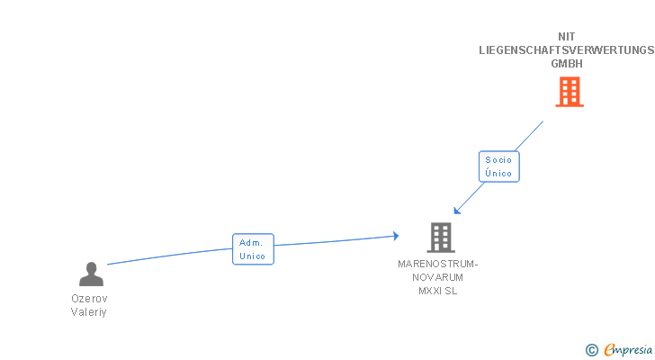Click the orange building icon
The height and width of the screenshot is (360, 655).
(x=569, y=92)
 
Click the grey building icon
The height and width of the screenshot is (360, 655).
(x=440, y=237)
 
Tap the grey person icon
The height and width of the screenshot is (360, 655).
(x=91, y=274)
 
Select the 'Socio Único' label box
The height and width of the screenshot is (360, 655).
(x=498, y=166)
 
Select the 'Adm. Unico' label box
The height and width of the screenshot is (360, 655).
(x=253, y=249)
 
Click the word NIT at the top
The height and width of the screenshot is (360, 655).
(x=567, y=37)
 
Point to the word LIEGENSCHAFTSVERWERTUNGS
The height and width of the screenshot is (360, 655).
(x=567, y=50)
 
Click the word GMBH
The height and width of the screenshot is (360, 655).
(x=567, y=64)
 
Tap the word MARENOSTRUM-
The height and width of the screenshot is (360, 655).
(x=439, y=265)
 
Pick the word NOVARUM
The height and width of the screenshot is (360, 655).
(x=439, y=278)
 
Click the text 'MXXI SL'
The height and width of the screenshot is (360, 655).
(x=439, y=292)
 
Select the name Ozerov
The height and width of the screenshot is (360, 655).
(x=89, y=299)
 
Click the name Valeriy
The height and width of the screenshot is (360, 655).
(x=89, y=312)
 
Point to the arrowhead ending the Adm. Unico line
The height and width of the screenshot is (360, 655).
(x=395, y=236)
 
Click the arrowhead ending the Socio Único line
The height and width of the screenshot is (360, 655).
(x=457, y=211)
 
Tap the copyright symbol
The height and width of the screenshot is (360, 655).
(x=591, y=349)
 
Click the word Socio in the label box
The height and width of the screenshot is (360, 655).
(x=498, y=160)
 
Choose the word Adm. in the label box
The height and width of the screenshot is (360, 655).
(x=252, y=243)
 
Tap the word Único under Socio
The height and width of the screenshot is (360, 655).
(x=498, y=173)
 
